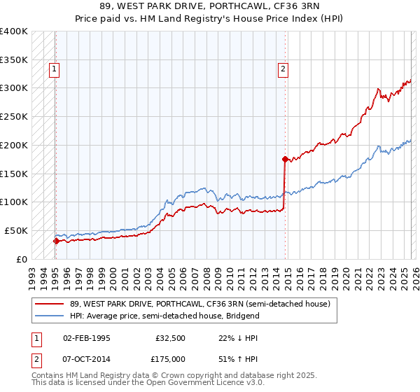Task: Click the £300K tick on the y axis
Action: (14, 88)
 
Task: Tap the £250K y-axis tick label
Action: (14, 117)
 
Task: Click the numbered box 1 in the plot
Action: (54, 69)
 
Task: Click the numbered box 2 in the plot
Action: (283, 69)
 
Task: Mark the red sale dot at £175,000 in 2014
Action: (285, 159)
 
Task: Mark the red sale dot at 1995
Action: (56, 240)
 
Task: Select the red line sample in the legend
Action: (49, 304)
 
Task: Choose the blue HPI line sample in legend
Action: (49, 316)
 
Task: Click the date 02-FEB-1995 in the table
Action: (86, 337)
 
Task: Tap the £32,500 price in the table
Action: (171, 337)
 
